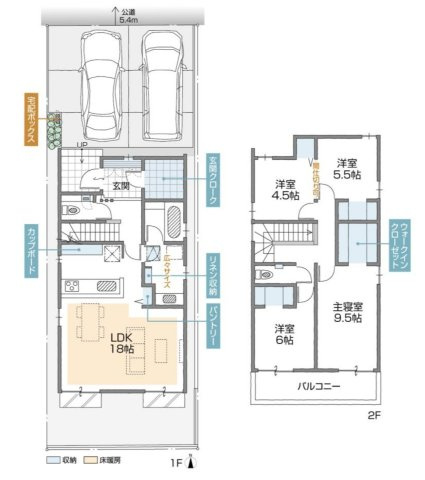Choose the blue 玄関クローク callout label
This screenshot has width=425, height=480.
213,181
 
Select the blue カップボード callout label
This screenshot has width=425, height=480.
31,254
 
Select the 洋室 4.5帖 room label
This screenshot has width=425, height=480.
285,190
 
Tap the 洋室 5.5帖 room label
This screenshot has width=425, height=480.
346,167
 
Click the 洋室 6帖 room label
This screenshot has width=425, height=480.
283,335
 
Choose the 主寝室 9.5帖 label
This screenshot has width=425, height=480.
347,314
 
